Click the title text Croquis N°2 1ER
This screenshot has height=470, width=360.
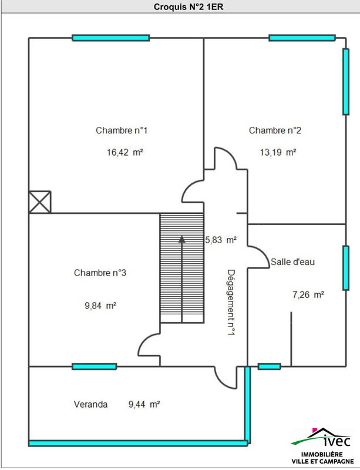pyautogui.click(x=180, y=6)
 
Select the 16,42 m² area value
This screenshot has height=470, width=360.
pyautogui.click(x=125, y=152)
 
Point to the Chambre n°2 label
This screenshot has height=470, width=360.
pyautogui.click(x=275, y=130)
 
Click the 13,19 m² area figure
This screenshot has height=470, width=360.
pyautogui.click(x=278, y=152)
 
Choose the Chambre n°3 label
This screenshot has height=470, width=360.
pyautogui.click(x=100, y=273)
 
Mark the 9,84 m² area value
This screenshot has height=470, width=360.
pyautogui.click(x=100, y=305)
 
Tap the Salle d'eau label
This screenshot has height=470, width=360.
pyautogui.click(x=293, y=261)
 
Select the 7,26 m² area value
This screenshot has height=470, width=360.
pyautogui.click(x=308, y=294)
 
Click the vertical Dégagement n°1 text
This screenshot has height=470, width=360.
pyautogui.click(x=231, y=303)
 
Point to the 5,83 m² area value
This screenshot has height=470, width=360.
pyautogui.click(x=220, y=240)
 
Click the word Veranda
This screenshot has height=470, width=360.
pyautogui.click(x=90, y=404)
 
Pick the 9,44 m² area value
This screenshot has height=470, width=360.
pyautogui.click(x=144, y=404)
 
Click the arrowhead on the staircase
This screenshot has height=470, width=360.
pyautogui.click(x=181, y=239)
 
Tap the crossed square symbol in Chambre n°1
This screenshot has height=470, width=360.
pyautogui.click(x=40, y=202)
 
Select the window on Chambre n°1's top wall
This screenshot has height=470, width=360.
pyautogui.click(x=110, y=38)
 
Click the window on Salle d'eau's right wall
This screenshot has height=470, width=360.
pyautogui.click(x=345, y=268)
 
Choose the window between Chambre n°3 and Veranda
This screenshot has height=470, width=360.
pyautogui.click(x=94, y=367)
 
